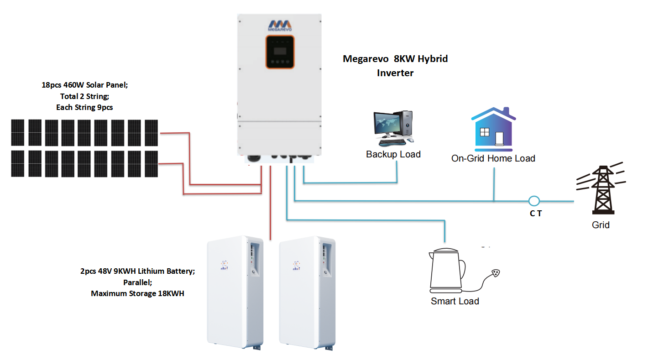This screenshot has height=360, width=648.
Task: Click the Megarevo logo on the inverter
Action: [x=280, y=26]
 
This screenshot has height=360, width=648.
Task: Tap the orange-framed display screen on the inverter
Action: [x=280, y=52]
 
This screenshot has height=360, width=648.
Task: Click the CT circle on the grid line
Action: [x=534, y=201]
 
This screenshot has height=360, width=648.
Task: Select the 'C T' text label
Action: [x=536, y=214]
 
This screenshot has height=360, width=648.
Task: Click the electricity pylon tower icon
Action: [x=602, y=189]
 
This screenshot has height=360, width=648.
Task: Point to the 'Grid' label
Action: [x=601, y=225]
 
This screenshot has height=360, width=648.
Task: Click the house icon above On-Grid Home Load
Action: [x=493, y=129]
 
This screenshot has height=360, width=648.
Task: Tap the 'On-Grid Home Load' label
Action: [x=493, y=158]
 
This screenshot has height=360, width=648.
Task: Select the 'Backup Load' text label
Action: [x=393, y=154]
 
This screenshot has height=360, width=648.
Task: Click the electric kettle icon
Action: [x=447, y=271]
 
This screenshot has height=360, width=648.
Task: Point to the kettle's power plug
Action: [x=496, y=273]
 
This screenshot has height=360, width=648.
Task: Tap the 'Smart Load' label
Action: [x=455, y=301]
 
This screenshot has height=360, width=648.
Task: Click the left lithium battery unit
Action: [x=235, y=292]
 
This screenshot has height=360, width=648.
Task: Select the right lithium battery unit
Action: [x=307, y=292]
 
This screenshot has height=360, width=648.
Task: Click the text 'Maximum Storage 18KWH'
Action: [x=137, y=293]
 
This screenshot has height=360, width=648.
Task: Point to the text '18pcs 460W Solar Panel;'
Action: [x=85, y=85]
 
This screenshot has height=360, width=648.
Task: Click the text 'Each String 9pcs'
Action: [x=84, y=107]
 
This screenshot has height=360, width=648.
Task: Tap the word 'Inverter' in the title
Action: [x=395, y=73]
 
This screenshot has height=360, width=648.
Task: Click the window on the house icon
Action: [x=485, y=132]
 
